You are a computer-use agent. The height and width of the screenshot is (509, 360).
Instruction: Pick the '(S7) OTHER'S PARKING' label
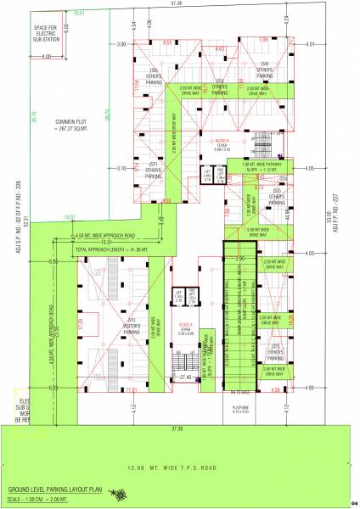tap(155, 167)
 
